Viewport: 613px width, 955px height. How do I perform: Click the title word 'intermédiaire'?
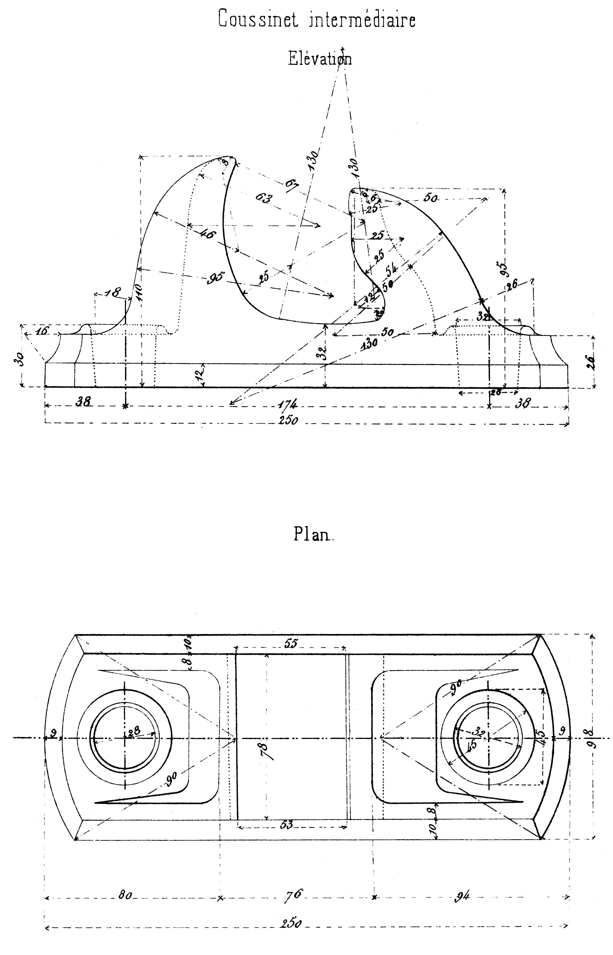coord(362,20)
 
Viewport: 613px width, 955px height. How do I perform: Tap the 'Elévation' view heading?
coord(320,59)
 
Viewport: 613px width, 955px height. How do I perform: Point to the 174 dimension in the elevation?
coord(288,405)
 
